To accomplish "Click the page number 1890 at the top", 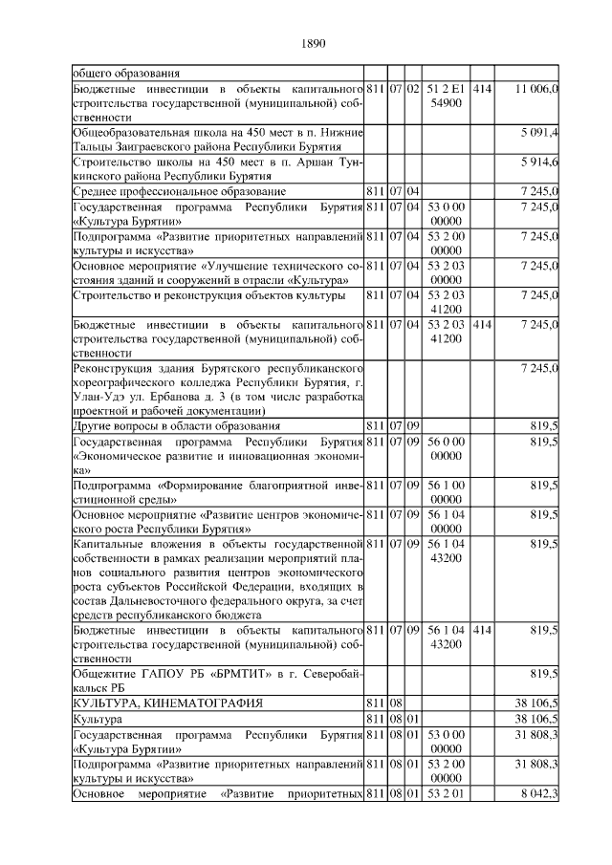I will coord(313,43).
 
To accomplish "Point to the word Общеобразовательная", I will coord(133,131).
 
